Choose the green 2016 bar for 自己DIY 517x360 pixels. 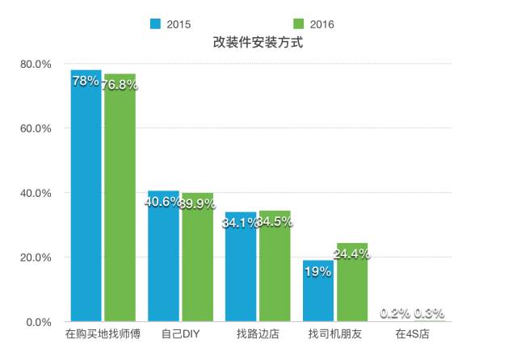point(197,258)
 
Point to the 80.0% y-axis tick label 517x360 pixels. point(36,64)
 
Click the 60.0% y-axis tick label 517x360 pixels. point(36,128)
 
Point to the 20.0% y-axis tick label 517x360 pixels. point(36,257)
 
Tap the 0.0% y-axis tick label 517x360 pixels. point(38,322)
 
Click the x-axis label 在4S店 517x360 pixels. point(412,333)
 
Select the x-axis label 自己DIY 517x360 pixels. point(180,333)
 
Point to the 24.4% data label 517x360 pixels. point(353,253)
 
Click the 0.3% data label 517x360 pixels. point(430,313)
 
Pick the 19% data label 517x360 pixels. point(318,272)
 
